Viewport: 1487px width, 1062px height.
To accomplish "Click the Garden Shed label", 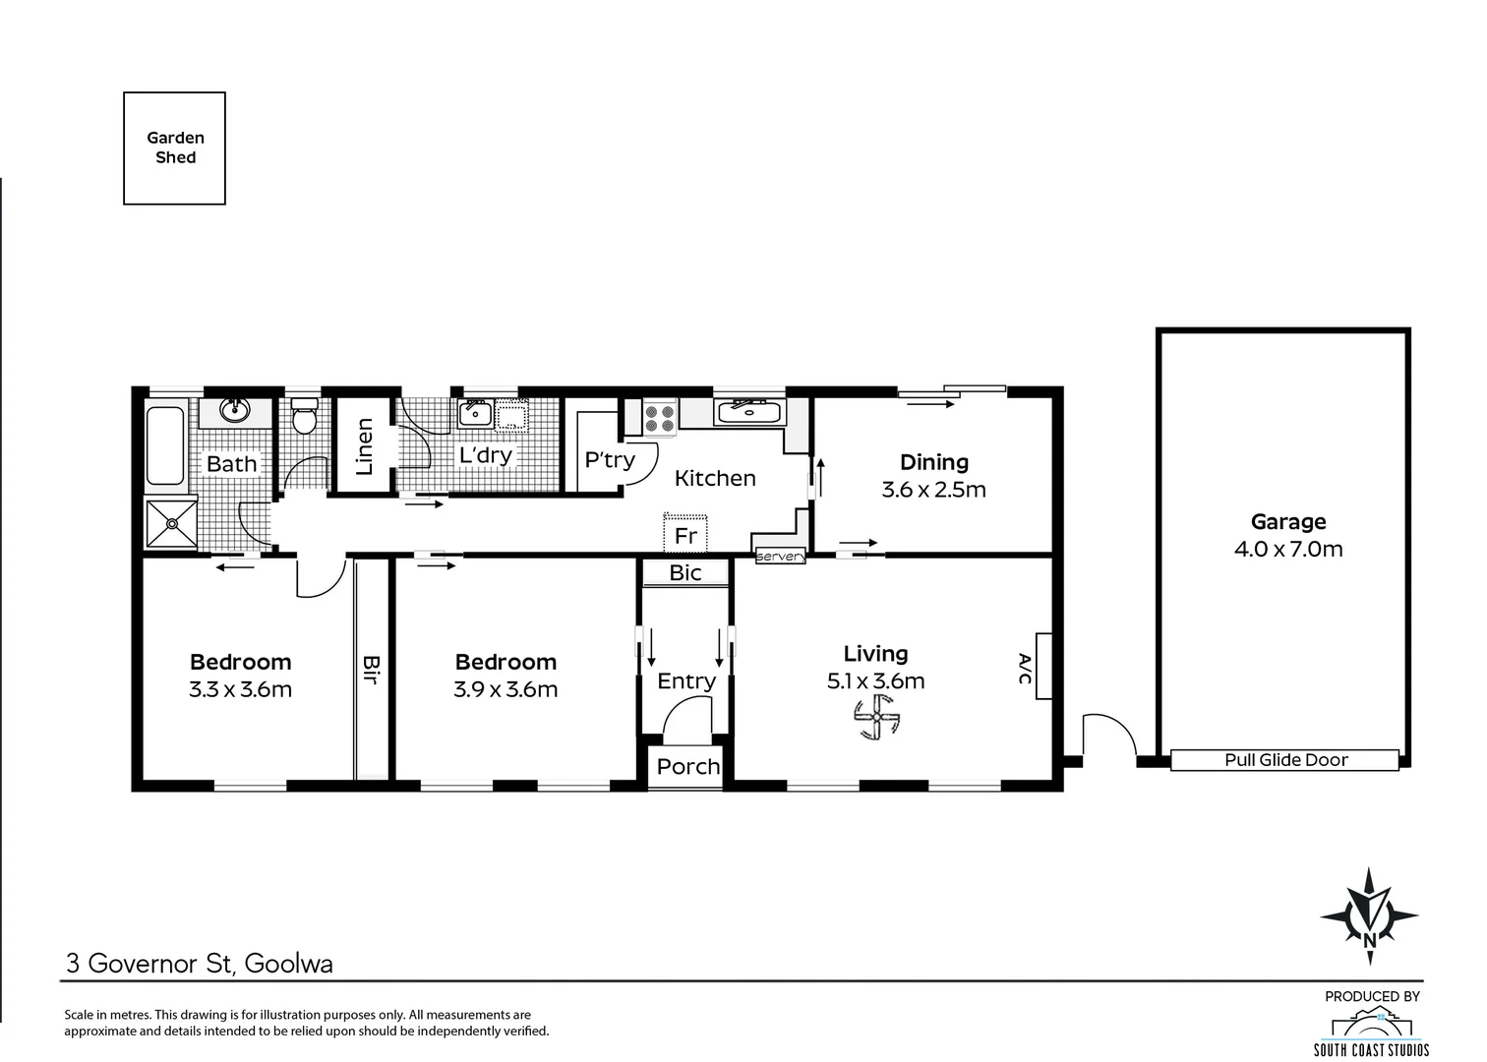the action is (x=175, y=147).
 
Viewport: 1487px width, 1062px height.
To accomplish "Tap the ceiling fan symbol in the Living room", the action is (x=876, y=717).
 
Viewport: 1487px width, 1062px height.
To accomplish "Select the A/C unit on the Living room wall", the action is (x=1043, y=667).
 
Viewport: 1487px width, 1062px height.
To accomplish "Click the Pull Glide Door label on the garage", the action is (x=1285, y=760).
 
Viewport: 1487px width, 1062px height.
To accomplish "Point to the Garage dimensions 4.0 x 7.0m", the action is (x=1288, y=549).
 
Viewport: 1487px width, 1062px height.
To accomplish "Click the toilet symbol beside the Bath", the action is (x=305, y=415).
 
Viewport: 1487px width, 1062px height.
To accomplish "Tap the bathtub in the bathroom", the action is (x=165, y=446).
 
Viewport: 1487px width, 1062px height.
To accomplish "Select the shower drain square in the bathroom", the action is (x=172, y=524).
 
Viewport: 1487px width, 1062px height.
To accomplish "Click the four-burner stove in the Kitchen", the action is (x=660, y=418).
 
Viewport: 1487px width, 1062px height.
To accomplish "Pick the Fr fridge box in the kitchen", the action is (x=685, y=533).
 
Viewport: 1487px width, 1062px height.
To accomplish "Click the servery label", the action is (x=781, y=557).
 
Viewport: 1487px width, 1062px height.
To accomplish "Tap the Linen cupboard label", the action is (x=364, y=446).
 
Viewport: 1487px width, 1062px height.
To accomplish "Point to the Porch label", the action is (x=687, y=767).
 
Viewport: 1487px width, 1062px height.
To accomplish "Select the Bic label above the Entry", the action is (x=685, y=573).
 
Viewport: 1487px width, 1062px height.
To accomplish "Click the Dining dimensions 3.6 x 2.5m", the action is (x=933, y=490).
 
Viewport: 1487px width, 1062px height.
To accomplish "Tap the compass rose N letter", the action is (x=1369, y=940).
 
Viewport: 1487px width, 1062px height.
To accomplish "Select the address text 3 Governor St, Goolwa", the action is (x=199, y=963).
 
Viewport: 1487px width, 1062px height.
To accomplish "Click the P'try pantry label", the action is (x=610, y=459).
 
